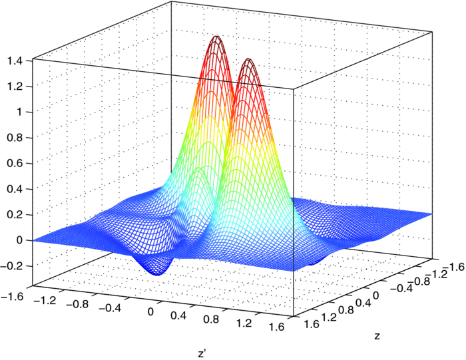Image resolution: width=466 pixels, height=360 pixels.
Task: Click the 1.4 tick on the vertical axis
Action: click(15, 61)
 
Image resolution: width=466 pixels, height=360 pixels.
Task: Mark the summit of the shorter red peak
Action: click(250, 59)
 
